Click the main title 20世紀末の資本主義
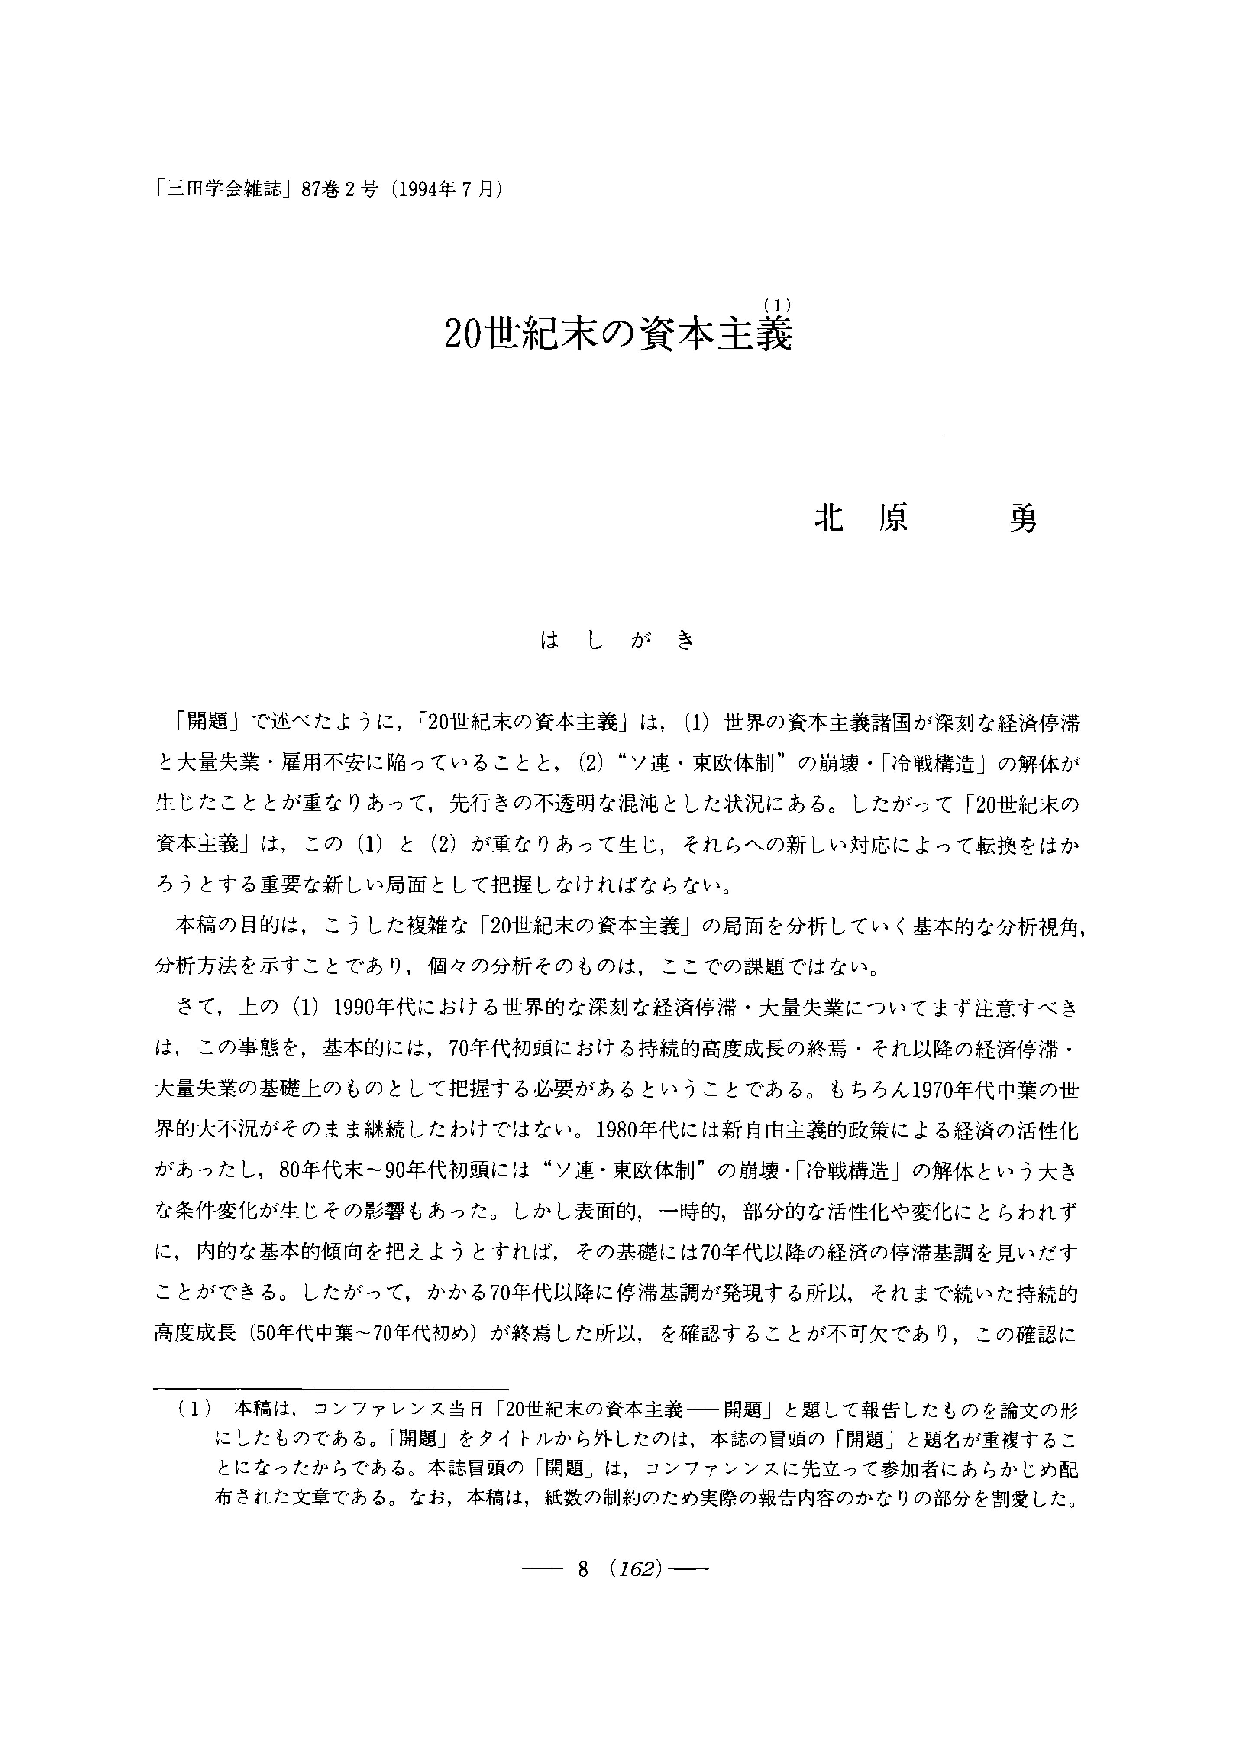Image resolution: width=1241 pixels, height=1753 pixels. click(617, 335)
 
